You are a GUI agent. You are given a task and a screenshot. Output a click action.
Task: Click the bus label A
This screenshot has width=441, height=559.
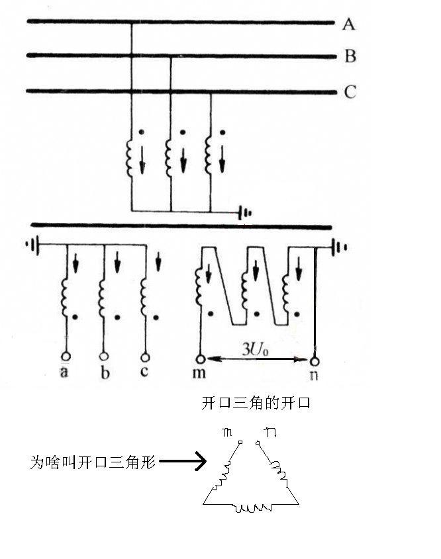349,24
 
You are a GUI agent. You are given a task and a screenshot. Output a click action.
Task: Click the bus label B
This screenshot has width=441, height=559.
350,57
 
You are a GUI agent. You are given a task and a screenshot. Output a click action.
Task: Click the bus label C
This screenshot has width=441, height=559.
350,92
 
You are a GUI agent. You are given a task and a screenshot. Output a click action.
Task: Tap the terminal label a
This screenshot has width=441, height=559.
64,372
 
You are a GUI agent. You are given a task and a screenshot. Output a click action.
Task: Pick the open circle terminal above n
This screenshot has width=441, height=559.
315,361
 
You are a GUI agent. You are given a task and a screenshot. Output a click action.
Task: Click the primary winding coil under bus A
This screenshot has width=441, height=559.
130,157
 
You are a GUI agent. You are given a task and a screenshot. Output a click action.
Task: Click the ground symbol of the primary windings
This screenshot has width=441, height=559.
246,212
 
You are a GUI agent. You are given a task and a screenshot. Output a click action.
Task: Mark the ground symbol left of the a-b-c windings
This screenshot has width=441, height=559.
30,245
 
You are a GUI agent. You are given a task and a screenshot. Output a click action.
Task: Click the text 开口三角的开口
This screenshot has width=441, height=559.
256,403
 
